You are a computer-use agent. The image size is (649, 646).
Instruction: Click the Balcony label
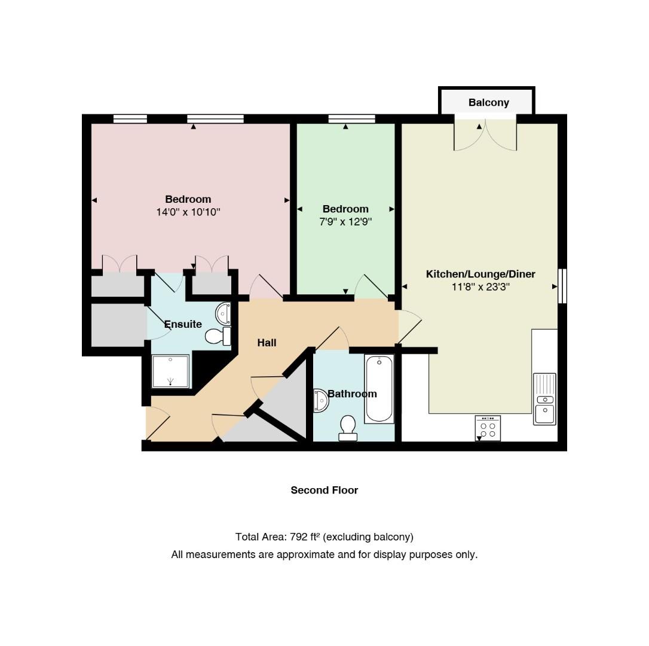(488, 102)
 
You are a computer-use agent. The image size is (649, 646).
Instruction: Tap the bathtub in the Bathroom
(379, 388)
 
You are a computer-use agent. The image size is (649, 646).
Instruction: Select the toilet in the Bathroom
(348, 428)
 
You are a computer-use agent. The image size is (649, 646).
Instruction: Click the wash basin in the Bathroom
(321, 400)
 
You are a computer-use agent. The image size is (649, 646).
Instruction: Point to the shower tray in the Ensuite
(170, 371)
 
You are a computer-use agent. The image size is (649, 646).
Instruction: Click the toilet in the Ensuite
(218, 336)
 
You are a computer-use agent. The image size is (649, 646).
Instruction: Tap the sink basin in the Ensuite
(223, 313)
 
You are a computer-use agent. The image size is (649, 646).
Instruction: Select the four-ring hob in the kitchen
(488, 428)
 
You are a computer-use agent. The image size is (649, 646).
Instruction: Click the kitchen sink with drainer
(544, 398)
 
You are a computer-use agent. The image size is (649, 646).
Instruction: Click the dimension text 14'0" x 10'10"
(188, 212)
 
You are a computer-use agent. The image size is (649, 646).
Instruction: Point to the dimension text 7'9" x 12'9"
(345, 222)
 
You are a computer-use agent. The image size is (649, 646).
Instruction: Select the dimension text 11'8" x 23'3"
(480, 287)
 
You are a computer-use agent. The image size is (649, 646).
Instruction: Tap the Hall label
(267, 343)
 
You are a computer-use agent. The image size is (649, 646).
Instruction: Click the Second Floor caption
(324, 490)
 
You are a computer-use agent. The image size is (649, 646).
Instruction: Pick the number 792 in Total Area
(298, 537)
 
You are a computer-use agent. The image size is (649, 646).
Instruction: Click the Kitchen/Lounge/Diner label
(480, 274)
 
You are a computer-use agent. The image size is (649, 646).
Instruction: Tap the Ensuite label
(183, 324)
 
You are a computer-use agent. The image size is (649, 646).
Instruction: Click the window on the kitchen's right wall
(562, 286)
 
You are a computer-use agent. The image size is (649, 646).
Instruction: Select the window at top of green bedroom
(352, 119)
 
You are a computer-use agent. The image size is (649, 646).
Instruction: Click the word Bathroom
(352, 394)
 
